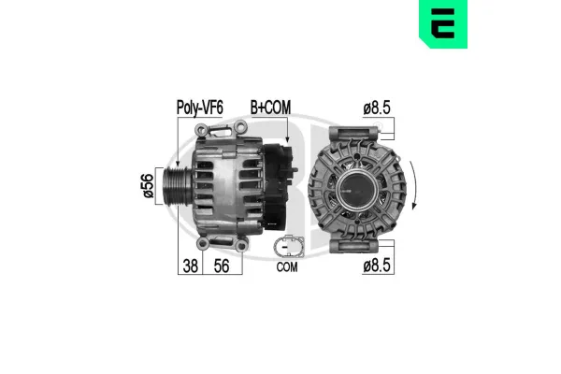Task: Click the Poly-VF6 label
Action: pyautogui.click(x=199, y=108)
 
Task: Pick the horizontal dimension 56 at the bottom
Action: pyautogui.click(x=223, y=266)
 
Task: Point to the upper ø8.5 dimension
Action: pyautogui.click(x=377, y=108)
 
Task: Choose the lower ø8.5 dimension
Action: pyautogui.click(x=377, y=266)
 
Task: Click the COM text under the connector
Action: pyautogui.click(x=287, y=267)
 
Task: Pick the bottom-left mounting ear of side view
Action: pyautogui.click(x=200, y=245)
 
